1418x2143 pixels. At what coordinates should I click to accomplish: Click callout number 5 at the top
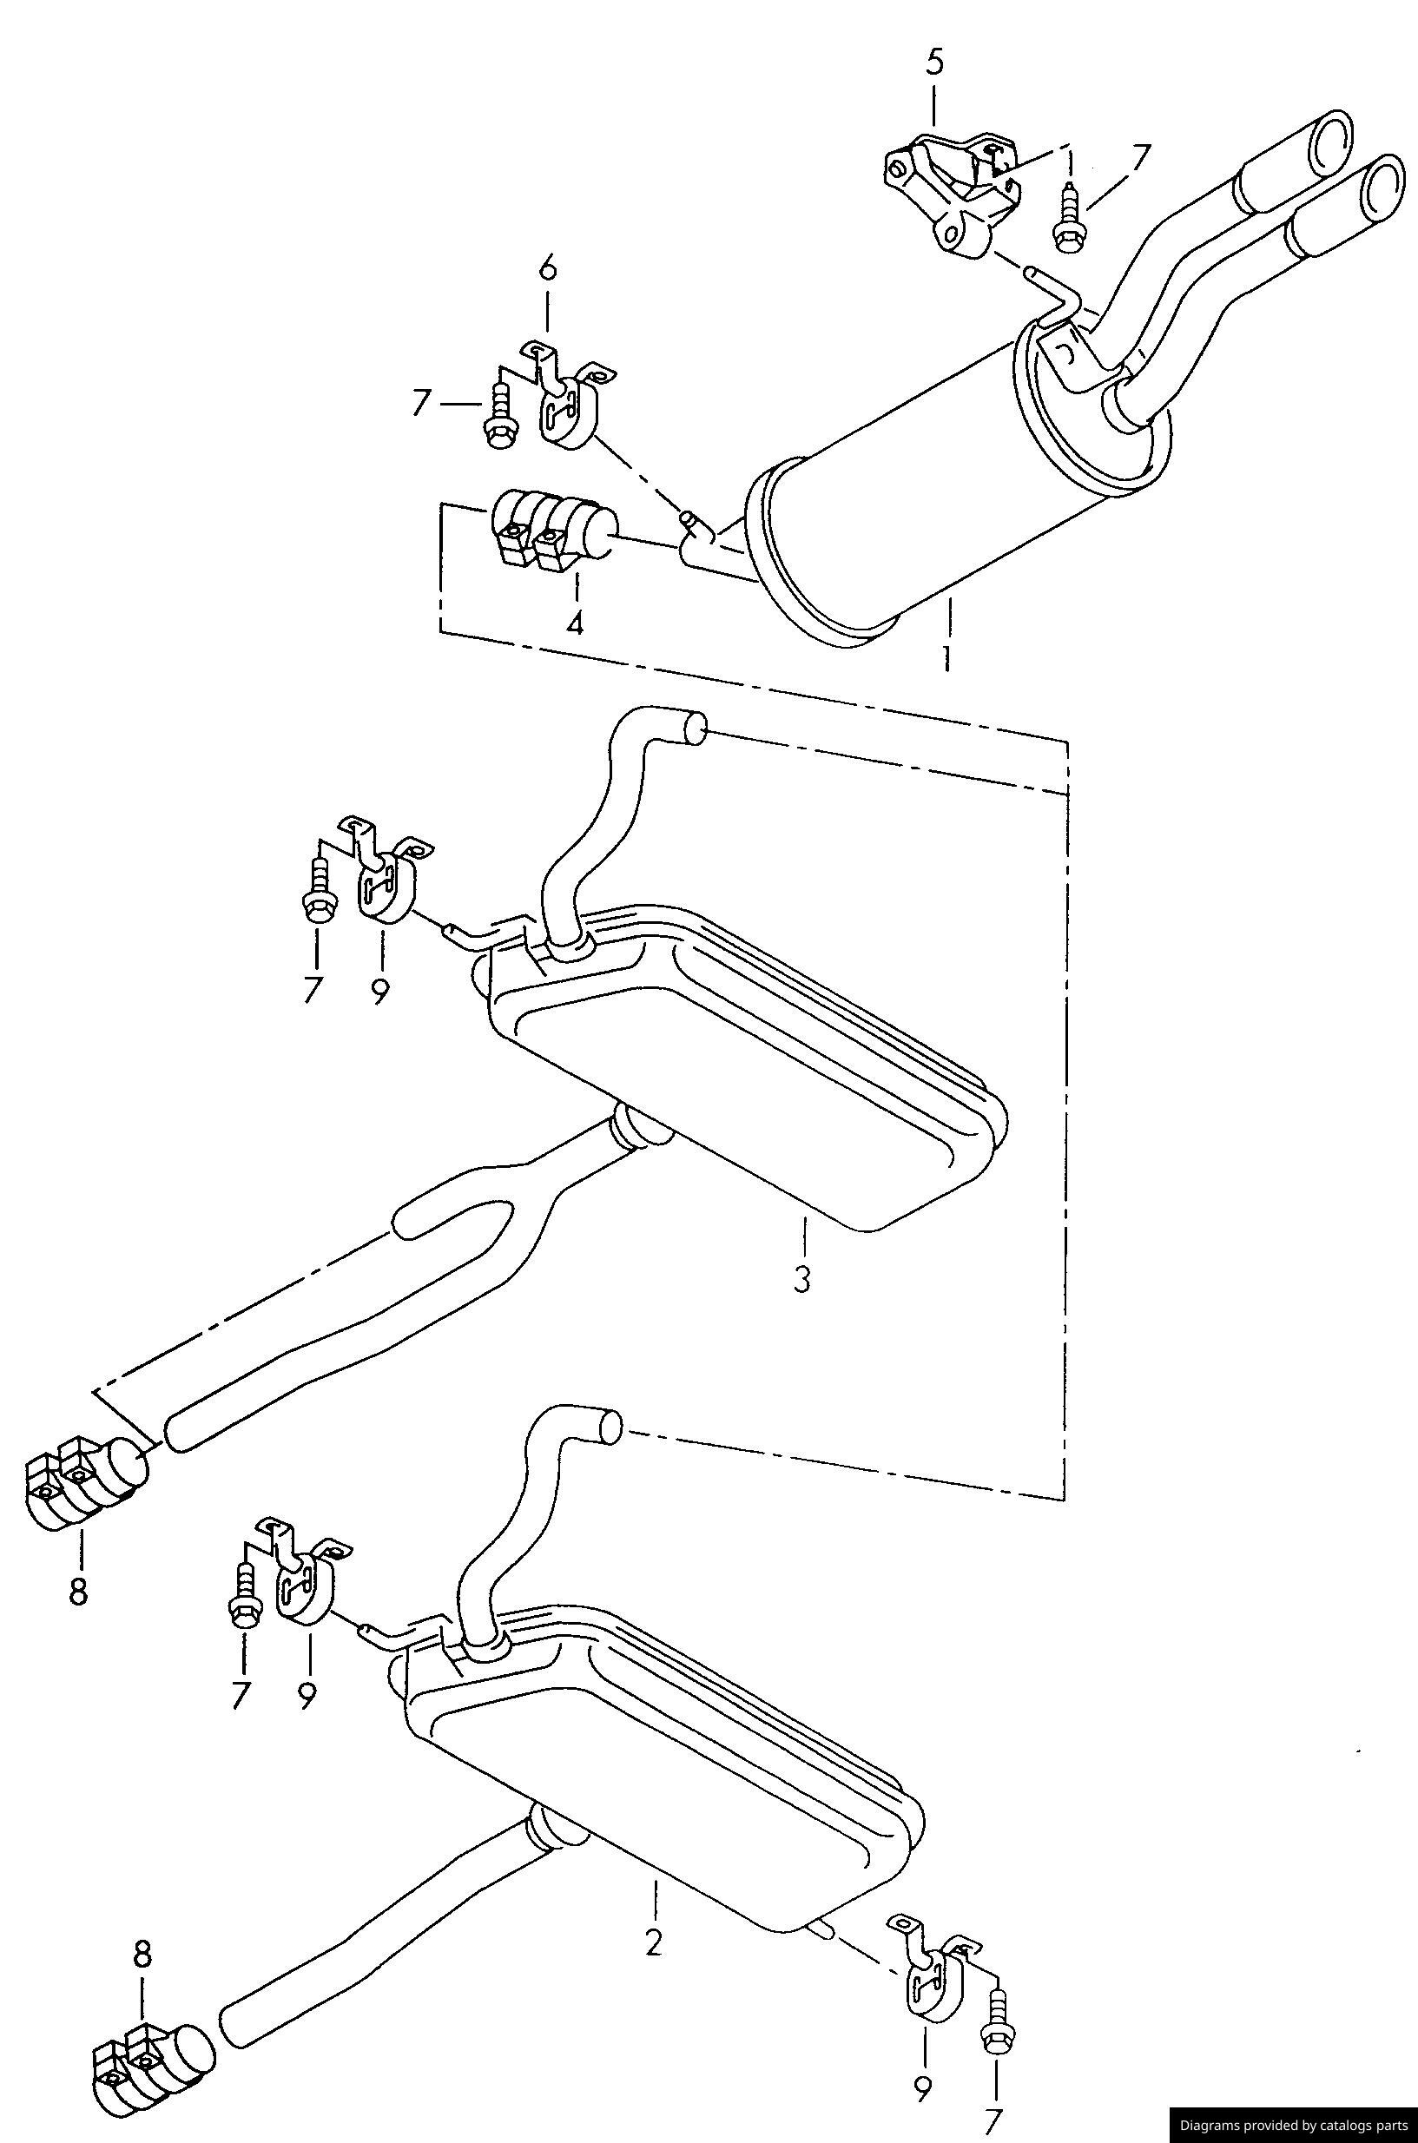(x=934, y=63)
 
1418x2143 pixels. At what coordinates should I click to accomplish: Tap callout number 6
(x=548, y=269)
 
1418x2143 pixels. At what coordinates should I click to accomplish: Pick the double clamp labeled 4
(x=551, y=531)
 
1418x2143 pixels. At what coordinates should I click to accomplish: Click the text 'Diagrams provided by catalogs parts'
(x=1292, y=2124)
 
